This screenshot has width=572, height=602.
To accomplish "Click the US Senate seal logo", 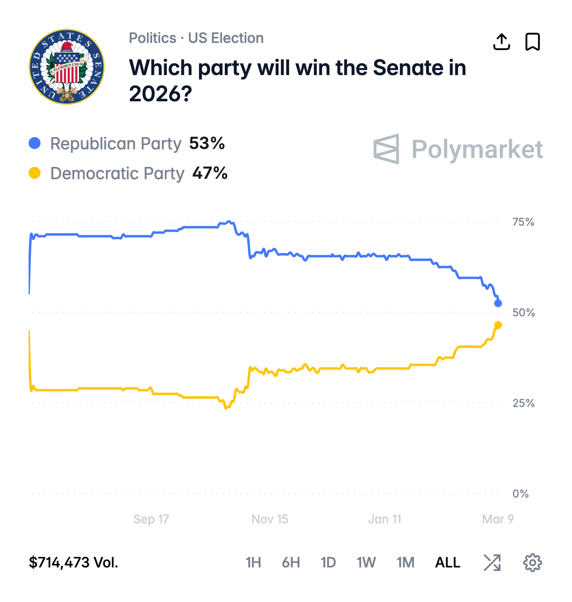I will (67, 67).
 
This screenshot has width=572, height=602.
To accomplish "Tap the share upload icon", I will (501, 42).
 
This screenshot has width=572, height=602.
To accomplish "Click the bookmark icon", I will (532, 42).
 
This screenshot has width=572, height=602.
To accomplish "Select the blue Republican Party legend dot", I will (35, 143).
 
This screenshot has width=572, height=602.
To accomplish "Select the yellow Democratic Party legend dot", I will (35, 173).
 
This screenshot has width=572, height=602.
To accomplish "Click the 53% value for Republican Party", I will (207, 143).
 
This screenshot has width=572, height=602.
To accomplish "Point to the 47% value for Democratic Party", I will (210, 173).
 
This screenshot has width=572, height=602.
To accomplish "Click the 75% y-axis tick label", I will (523, 222).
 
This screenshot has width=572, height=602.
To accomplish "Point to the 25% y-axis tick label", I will (523, 403).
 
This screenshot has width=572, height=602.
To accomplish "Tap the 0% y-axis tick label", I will (520, 494).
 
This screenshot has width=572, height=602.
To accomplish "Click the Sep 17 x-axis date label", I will (151, 519).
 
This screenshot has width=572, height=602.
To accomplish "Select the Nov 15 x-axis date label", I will (270, 519).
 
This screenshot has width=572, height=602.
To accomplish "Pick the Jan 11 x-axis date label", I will (385, 519).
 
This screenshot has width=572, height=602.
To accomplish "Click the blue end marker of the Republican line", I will (498, 303).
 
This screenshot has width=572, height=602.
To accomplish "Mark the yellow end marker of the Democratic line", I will (498, 325).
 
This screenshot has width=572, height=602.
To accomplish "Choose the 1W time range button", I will (366, 563).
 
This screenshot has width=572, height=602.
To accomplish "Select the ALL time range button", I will (448, 563).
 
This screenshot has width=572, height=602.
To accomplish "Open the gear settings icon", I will (532, 563).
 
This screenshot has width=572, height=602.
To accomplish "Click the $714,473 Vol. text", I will (73, 563).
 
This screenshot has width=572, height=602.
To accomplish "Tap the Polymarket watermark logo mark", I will (386, 149).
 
